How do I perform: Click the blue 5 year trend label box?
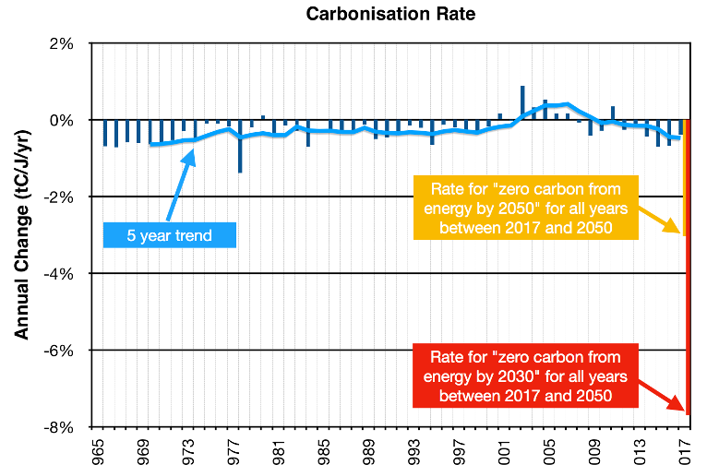tap(169, 235)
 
